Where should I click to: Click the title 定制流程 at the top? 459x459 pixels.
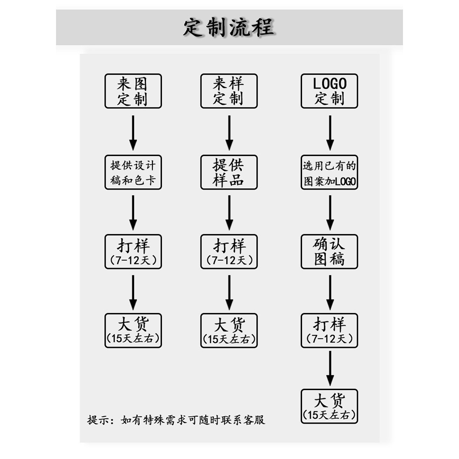[229, 27]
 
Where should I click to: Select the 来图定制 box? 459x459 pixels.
[133, 91]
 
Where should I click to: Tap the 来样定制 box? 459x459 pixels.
[229, 91]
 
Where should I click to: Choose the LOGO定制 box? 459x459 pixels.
[330, 91]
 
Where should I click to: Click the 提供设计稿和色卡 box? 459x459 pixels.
[133, 173]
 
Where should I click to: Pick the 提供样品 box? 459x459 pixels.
[229, 173]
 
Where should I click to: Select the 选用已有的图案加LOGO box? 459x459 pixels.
[330, 173]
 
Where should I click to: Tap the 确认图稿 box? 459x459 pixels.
[330, 252]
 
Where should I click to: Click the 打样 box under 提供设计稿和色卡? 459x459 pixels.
[133, 252]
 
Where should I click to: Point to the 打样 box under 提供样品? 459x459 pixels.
[229, 252]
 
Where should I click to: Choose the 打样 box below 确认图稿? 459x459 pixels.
[330, 330]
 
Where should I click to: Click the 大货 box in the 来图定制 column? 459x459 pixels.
[133, 330]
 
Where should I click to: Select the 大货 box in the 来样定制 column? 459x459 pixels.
[229, 330]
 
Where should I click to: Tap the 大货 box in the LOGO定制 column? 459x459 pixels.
[330, 406]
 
